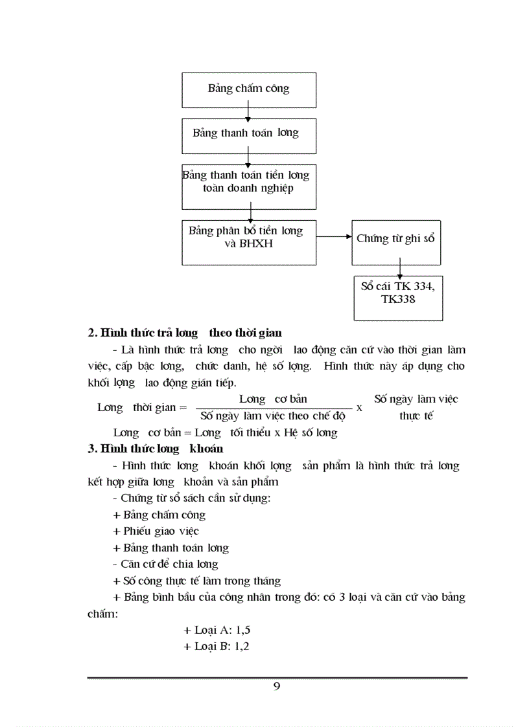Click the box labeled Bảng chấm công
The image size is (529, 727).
249,90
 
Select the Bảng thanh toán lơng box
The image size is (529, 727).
249,135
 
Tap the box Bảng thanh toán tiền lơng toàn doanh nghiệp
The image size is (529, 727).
249,186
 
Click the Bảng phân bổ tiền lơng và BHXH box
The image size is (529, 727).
249,242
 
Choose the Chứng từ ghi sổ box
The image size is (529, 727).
396,241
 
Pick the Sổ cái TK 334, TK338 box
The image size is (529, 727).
398,298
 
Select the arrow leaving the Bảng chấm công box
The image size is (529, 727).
248,113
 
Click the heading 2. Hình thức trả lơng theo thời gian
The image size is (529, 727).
185,333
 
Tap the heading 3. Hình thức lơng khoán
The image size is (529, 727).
156,449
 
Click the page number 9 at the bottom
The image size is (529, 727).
277,687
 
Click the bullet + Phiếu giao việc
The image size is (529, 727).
156,531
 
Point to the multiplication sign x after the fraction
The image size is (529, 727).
359,408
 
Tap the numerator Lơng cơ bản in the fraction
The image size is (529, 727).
273,399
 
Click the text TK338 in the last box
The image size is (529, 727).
398,300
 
